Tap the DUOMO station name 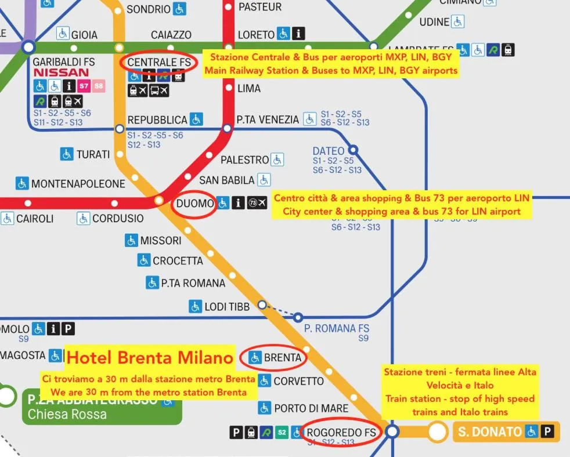[195, 204]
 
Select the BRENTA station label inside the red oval [282, 358]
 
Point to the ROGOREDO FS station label [341, 432]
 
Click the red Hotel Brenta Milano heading [150, 357]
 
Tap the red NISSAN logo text [61, 73]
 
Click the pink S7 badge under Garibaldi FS [84, 86]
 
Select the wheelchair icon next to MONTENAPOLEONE [22, 184]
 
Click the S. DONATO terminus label [489, 432]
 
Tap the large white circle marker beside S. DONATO [437, 431]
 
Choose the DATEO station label [328, 151]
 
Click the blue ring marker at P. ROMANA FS [298, 317]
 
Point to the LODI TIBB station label [227, 306]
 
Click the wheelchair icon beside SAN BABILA [264, 180]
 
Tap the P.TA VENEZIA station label [268, 120]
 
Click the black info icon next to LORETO [298, 34]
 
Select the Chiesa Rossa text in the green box [67, 414]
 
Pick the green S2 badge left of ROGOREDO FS [282, 432]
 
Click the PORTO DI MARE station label [311, 408]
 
